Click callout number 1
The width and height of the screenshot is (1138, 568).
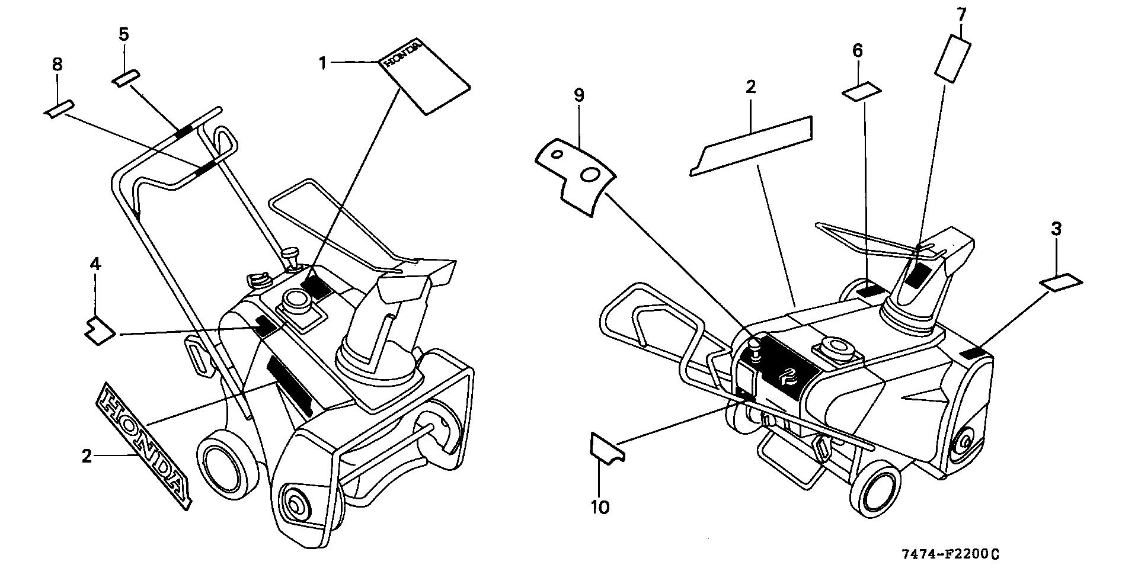pos(323,62)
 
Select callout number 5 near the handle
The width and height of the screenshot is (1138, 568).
pos(123,34)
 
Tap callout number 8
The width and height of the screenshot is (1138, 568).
pos(57,64)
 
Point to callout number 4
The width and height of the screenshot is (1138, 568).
pos(95,264)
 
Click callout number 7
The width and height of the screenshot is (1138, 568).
pos(961,13)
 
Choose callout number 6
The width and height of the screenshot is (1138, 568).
pos(858,51)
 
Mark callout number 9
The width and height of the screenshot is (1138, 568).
pos(579,95)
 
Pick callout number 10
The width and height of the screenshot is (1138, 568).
pos(600,507)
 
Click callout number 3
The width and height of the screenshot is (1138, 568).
pos(1056,229)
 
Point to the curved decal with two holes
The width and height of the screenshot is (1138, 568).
pos(575,175)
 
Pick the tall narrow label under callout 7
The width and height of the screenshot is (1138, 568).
pos(952,57)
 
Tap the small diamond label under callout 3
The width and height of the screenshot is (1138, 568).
pos(1061,283)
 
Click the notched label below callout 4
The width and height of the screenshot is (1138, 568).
pos(99,329)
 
